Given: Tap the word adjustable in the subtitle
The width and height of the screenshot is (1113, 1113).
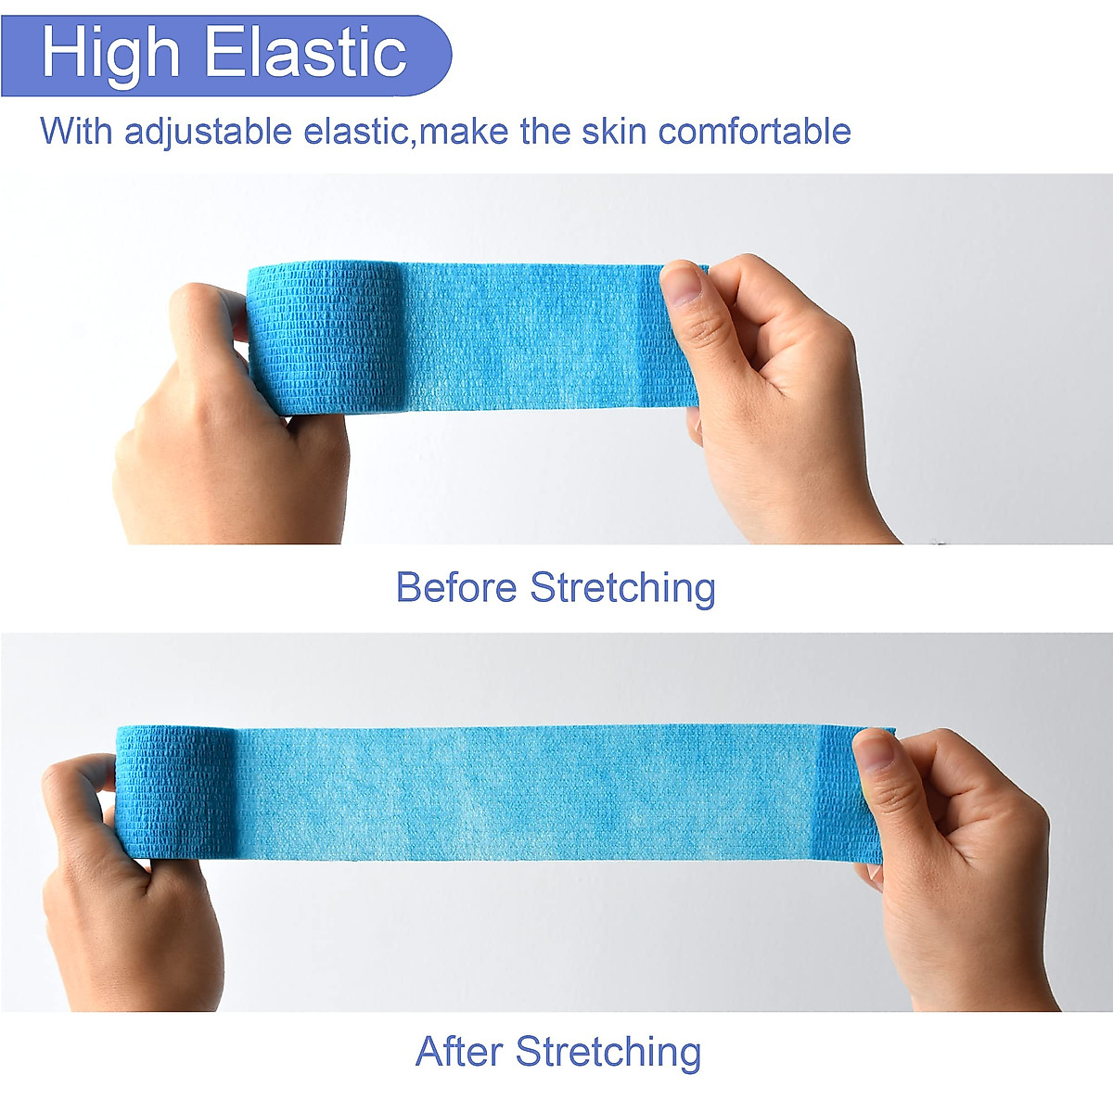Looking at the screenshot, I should [208, 131].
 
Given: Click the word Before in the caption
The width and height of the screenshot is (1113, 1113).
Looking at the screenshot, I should [455, 587].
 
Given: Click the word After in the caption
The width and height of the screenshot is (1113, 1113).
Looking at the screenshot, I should [459, 1052].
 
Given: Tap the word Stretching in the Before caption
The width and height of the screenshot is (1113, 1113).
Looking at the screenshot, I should [622, 588].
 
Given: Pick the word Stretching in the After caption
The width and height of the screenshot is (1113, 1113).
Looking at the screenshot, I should [608, 1052].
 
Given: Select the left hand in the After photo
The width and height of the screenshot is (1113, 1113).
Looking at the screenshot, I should [121, 890].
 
